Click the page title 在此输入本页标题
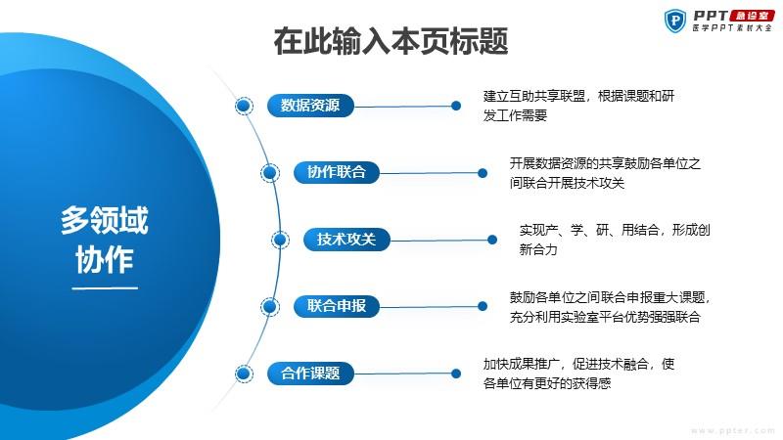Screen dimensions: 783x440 391,41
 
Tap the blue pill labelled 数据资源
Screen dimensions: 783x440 310,106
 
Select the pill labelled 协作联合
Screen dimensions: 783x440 336,172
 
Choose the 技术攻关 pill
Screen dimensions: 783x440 346,239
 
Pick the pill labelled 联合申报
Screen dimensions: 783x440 336,306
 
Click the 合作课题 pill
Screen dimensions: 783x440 310,373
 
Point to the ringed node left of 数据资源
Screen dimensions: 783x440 244,106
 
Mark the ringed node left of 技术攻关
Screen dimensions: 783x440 280,240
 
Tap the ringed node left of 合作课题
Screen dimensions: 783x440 244,374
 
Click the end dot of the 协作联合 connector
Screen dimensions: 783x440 483,173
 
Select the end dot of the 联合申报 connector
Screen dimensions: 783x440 483,306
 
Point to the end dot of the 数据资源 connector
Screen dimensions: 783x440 456,106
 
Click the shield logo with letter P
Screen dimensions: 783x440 675,21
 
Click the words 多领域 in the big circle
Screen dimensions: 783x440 105,220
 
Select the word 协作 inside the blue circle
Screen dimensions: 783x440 105,259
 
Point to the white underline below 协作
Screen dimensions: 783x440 105,287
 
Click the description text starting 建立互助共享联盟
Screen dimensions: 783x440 578,106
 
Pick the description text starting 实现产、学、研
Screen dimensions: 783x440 615,240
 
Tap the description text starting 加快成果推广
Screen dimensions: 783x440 578,374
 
